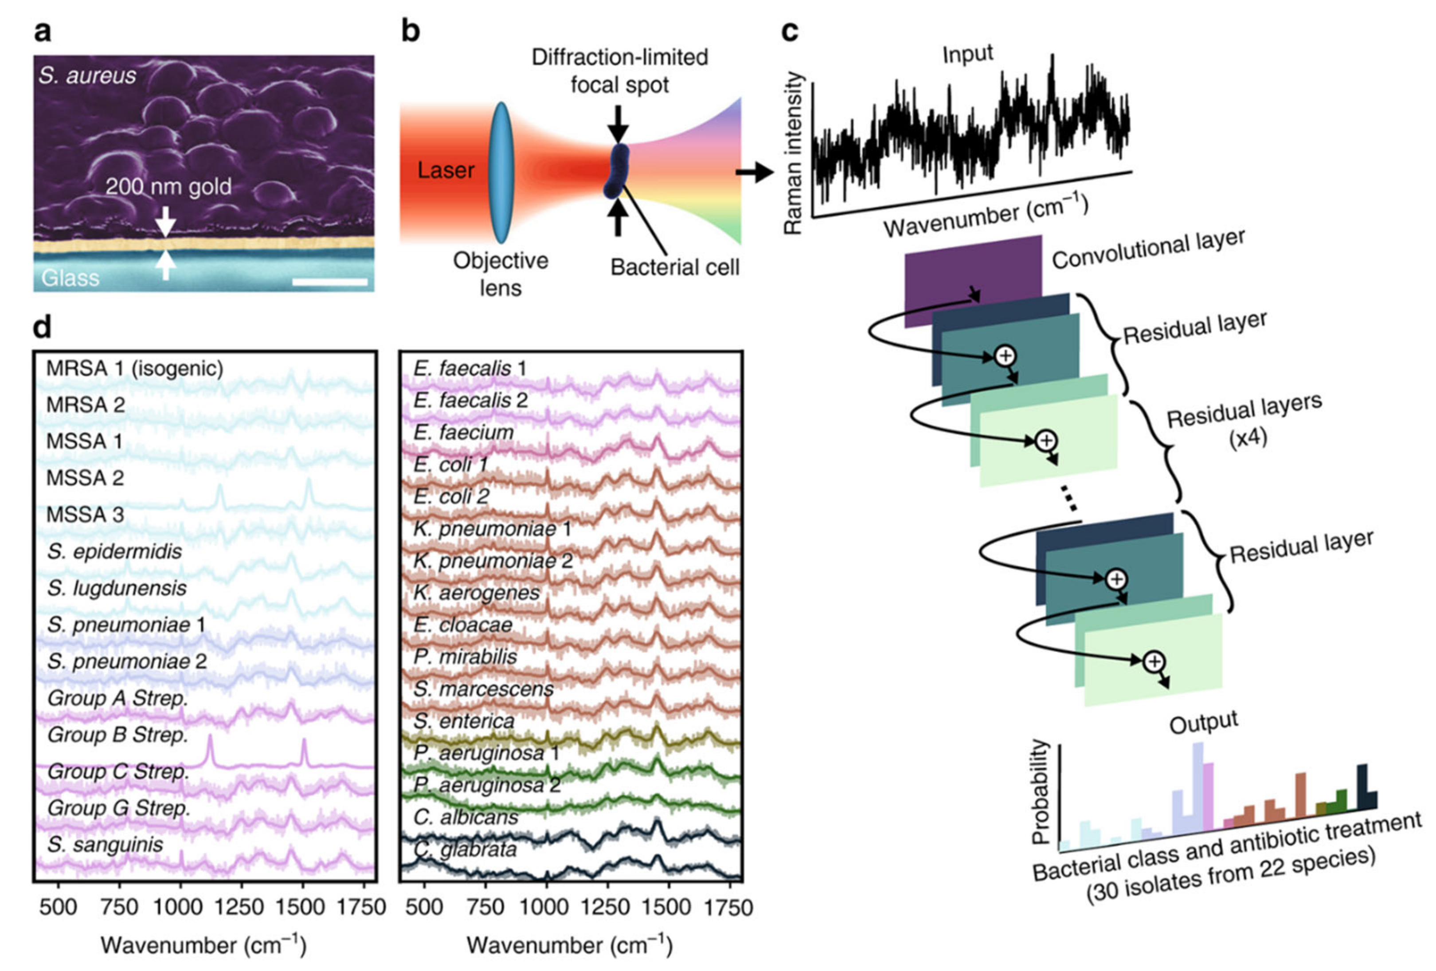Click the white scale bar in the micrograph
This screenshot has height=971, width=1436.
point(330,282)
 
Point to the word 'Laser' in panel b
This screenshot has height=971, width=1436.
point(446,170)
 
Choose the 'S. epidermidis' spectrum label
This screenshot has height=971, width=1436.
point(114,551)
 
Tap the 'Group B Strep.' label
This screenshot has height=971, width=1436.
point(117,735)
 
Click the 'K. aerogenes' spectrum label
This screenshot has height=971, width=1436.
point(477,593)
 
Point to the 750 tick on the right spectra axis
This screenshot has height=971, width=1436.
point(485,907)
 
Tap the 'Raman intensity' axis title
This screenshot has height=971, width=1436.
point(794,153)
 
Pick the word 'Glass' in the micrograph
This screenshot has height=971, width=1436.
point(70,278)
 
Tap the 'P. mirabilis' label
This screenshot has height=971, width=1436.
point(465,657)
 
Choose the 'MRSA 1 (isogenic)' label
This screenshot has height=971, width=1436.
point(135,368)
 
